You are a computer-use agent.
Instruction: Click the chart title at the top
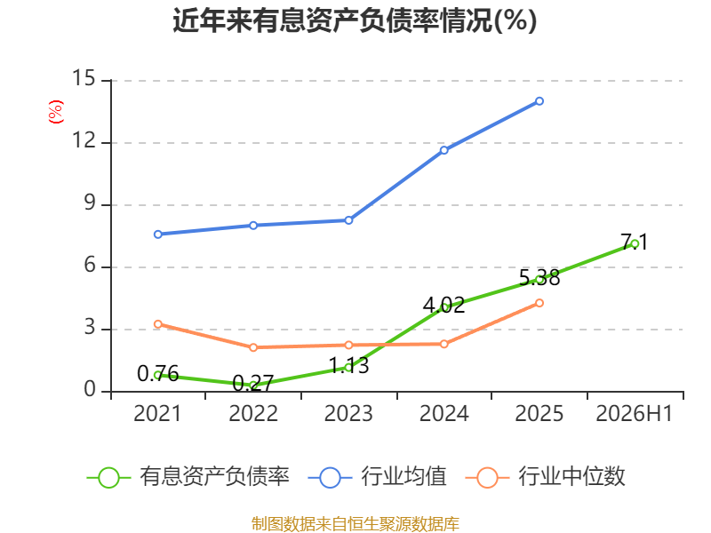point(355,20)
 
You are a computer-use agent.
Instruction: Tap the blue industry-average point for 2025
point(539,101)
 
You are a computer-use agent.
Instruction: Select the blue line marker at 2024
point(443,150)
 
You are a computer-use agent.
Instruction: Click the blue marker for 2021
point(158,235)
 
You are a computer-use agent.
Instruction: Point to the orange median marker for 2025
point(539,303)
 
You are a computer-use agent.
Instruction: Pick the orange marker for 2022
point(253,347)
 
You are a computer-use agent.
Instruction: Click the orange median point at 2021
point(158,324)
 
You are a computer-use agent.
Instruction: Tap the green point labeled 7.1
point(635,243)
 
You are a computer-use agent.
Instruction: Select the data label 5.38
point(539,278)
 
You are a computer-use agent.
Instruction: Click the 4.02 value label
point(443,305)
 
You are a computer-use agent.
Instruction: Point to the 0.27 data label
point(253,384)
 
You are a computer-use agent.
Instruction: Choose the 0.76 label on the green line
point(158,373)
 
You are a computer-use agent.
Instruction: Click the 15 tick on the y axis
point(84,78)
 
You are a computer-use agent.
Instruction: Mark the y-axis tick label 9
point(90,203)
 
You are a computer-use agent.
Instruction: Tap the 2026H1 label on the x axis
point(635,413)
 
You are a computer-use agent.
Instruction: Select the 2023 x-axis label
point(348,413)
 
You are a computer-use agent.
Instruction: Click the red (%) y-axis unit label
point(56,112)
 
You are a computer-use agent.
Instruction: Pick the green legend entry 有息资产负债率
point(188,477)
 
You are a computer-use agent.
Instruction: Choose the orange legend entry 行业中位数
point(546,477)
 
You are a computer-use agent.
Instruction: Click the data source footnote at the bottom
point(355,523)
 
